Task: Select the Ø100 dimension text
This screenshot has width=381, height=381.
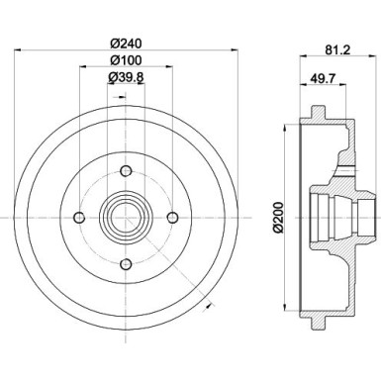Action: point(125,61)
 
